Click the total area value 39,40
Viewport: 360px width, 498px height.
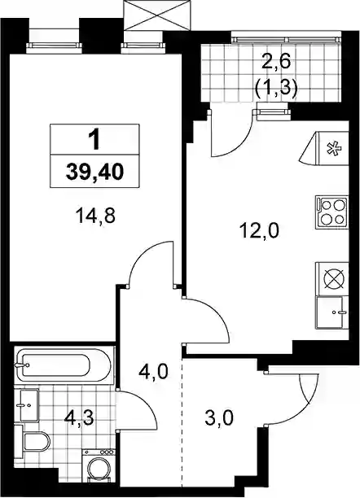94,173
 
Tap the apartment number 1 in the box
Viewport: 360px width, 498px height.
94,141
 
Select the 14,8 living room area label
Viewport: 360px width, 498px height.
95,216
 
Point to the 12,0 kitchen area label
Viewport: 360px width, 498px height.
260,230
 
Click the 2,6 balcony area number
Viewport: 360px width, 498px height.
276,62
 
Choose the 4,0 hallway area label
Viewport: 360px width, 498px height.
153,371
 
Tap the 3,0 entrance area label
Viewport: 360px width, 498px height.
219,417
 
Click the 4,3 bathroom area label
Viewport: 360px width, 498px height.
78,418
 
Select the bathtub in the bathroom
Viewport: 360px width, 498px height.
63,366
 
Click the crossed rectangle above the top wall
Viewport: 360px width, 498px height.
157,15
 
